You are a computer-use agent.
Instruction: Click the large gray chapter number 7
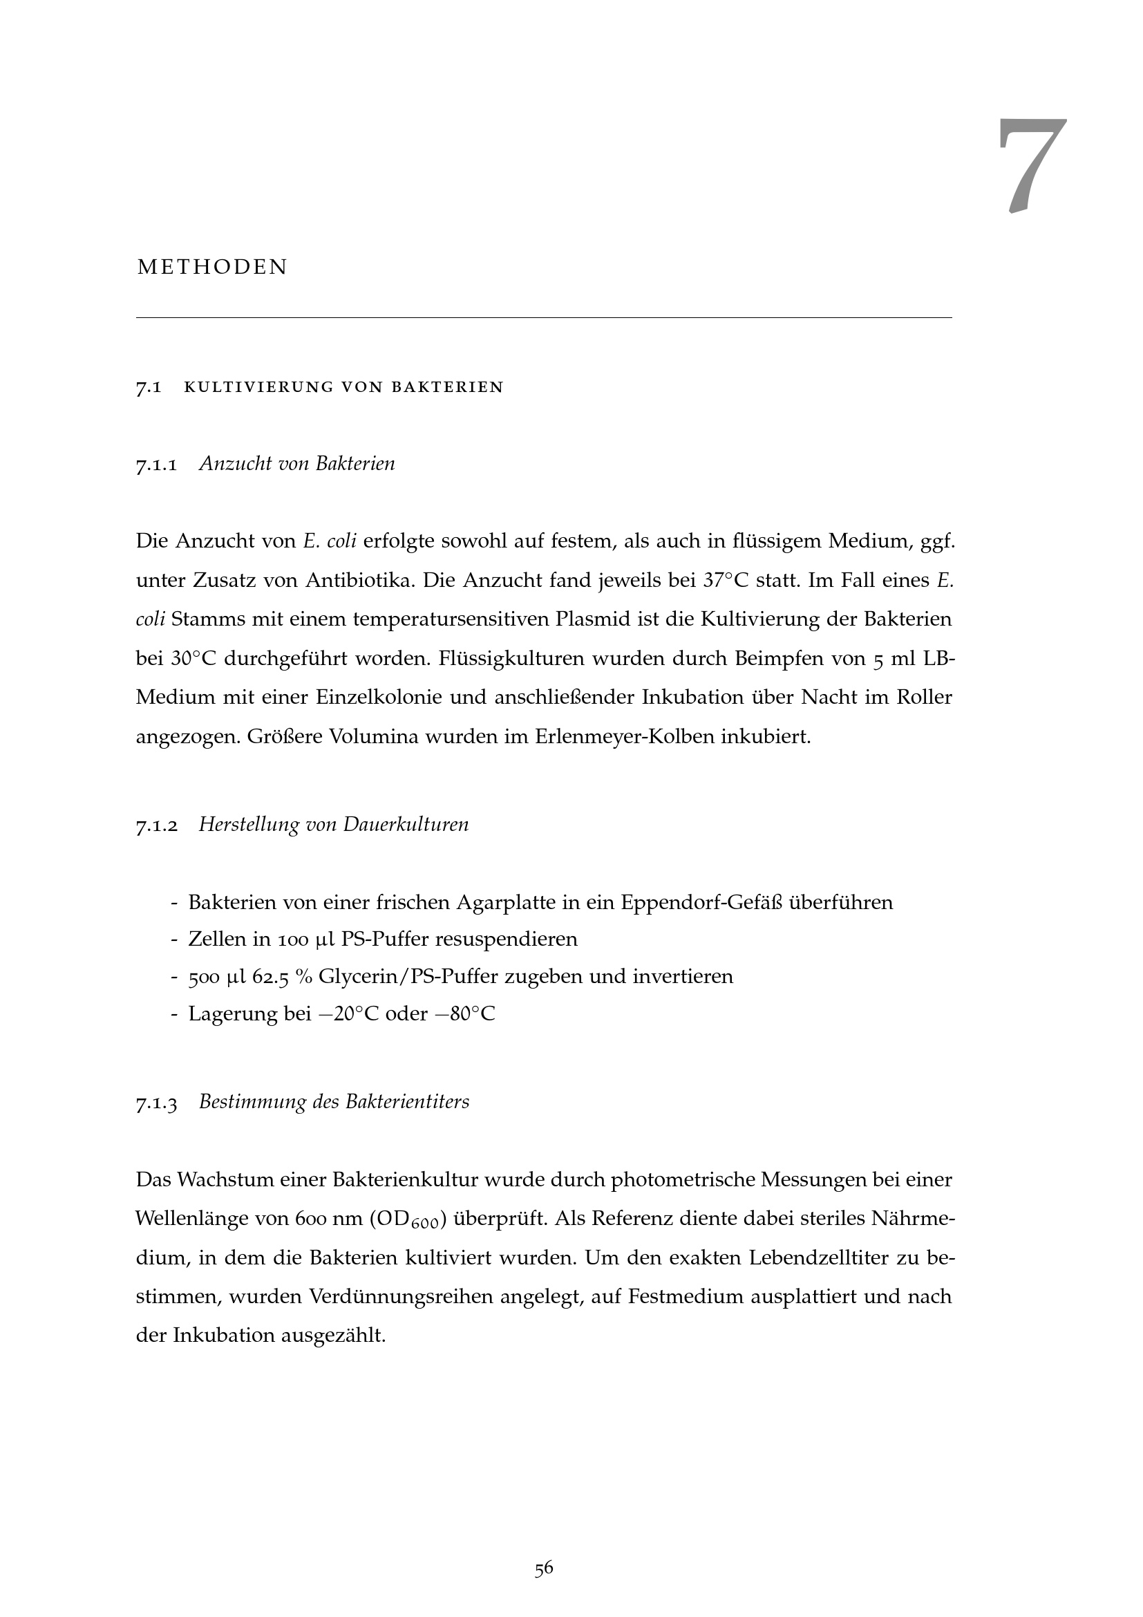[1031, 165]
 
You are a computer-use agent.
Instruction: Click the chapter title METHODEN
[213, 268]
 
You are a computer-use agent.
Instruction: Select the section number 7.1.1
[156, 465]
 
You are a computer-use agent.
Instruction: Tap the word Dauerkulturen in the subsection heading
[406, 825]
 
